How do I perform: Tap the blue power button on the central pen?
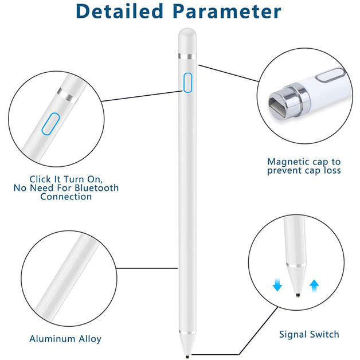(187, 83)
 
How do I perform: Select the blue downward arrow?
(277, 284)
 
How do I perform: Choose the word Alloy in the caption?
(91, 339)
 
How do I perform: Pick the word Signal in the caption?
(293, 334)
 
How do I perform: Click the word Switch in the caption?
(325, 334)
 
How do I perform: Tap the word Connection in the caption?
(66, 197)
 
